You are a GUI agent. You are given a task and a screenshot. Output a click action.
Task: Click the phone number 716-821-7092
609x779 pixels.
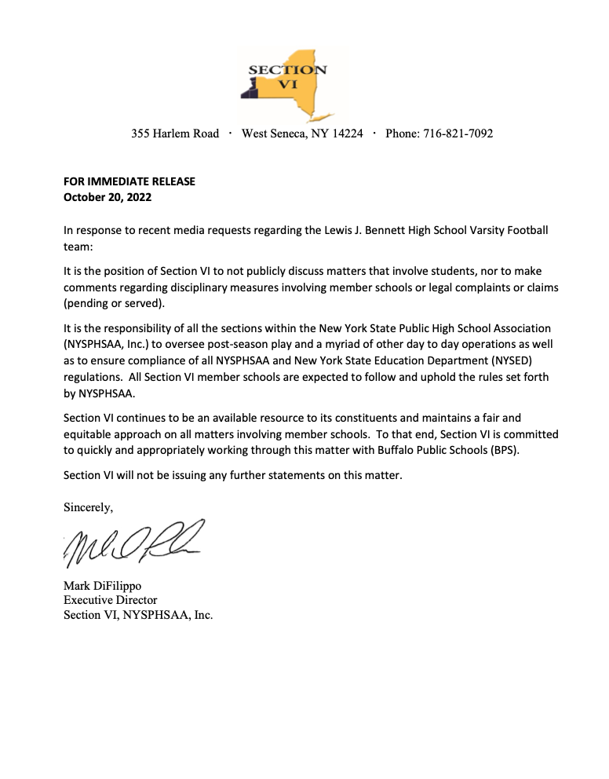point(458,133)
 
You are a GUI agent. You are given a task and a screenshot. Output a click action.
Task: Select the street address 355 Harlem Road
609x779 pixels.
point(175,133)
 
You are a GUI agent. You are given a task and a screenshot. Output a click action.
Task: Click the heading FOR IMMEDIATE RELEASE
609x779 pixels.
point(129,181)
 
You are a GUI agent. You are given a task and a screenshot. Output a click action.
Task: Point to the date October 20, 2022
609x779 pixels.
point(108,197)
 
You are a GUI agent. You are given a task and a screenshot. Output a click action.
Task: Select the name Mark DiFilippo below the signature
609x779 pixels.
point(103,586)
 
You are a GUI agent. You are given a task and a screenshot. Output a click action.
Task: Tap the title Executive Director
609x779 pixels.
point(110,601)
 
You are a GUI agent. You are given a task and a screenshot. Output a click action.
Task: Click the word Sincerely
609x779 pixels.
point(88,507)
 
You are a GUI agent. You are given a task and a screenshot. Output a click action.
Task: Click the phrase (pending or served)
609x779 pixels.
point(115,304)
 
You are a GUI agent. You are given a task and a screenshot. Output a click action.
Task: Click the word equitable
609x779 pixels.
point(89,433)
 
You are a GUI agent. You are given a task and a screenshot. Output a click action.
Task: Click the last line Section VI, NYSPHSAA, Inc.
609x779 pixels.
point(138,615)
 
